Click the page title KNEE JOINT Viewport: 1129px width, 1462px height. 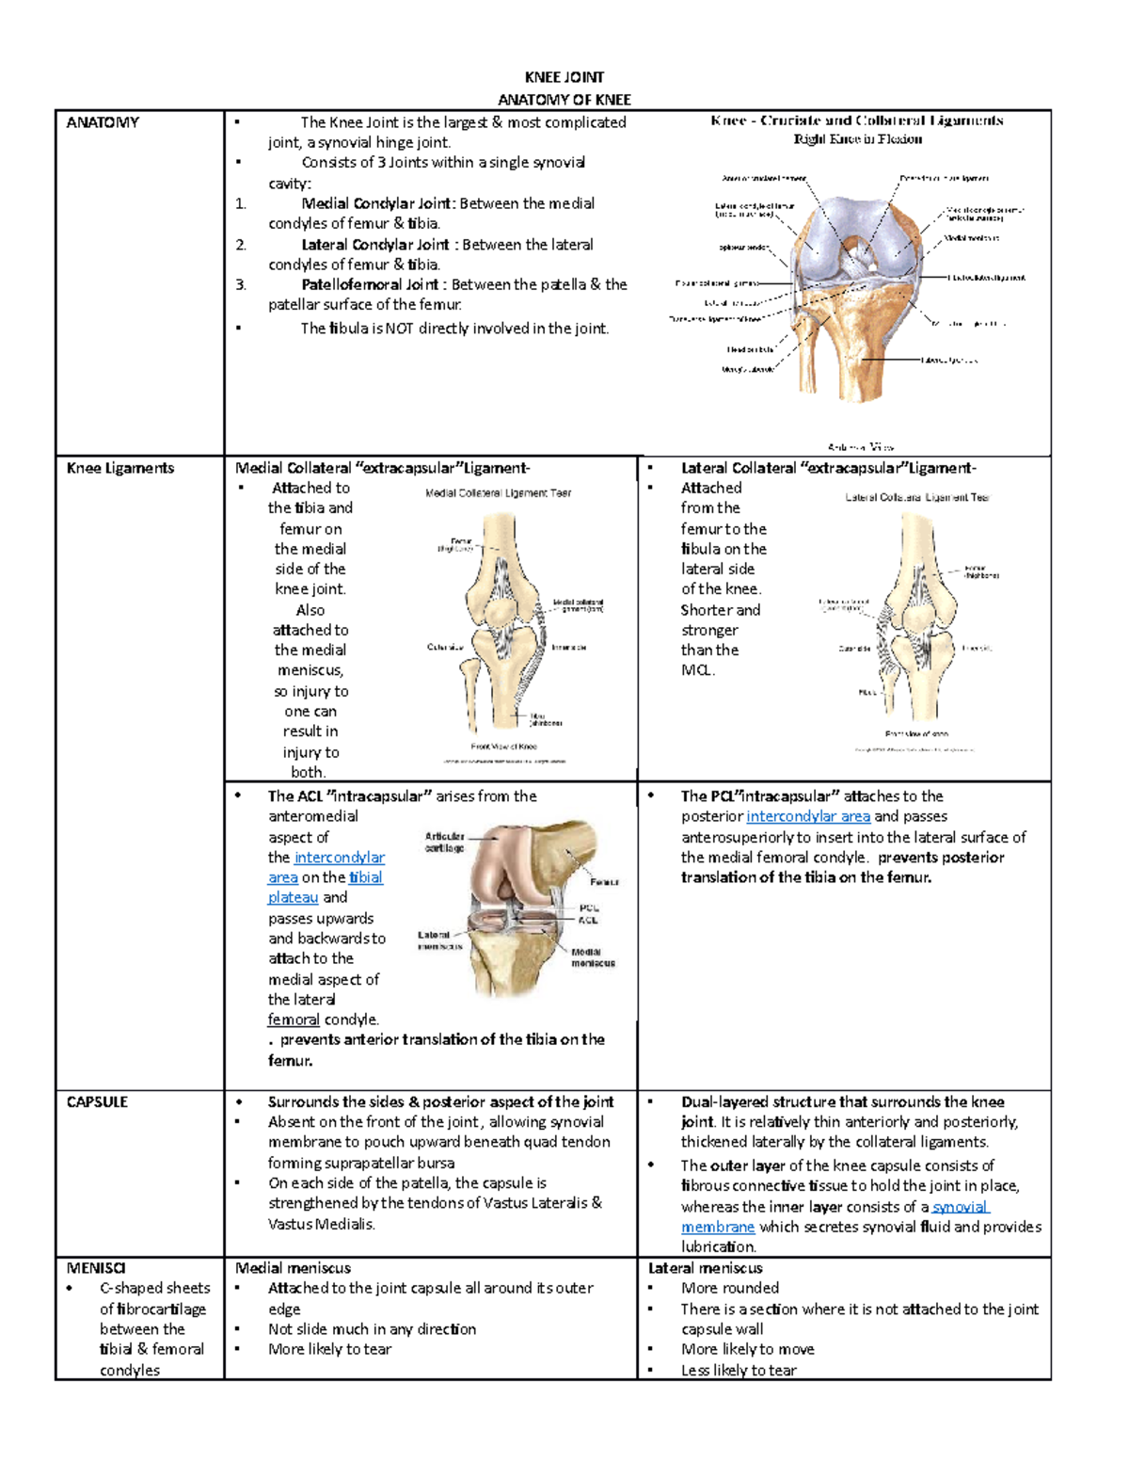pos(564,77)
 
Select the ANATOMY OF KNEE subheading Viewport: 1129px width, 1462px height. pos(564,100)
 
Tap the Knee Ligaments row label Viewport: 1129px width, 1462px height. pos(120,468)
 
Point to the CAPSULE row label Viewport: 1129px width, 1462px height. pos(97,1101)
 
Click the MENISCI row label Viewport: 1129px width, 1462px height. pos(96,1268)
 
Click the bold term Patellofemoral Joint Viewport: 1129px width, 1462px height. pos(370,284)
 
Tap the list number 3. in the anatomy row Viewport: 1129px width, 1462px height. pos(241,284)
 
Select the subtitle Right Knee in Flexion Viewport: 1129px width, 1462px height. pos(857,139)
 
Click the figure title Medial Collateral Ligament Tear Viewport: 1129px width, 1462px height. pos(498,492)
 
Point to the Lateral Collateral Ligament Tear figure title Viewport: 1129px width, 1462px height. pos(917,497)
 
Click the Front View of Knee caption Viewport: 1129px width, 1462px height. pos(504,747)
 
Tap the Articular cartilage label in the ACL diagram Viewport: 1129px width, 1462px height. pos(444,842)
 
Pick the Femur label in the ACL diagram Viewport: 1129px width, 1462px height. pos(604,882)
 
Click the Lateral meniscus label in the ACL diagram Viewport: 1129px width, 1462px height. pos(438,940)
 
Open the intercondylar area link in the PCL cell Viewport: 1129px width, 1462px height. pos(807,816)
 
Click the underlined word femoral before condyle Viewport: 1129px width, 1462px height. pos(294,1020)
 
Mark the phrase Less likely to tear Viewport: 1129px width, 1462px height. pos(739,1370)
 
